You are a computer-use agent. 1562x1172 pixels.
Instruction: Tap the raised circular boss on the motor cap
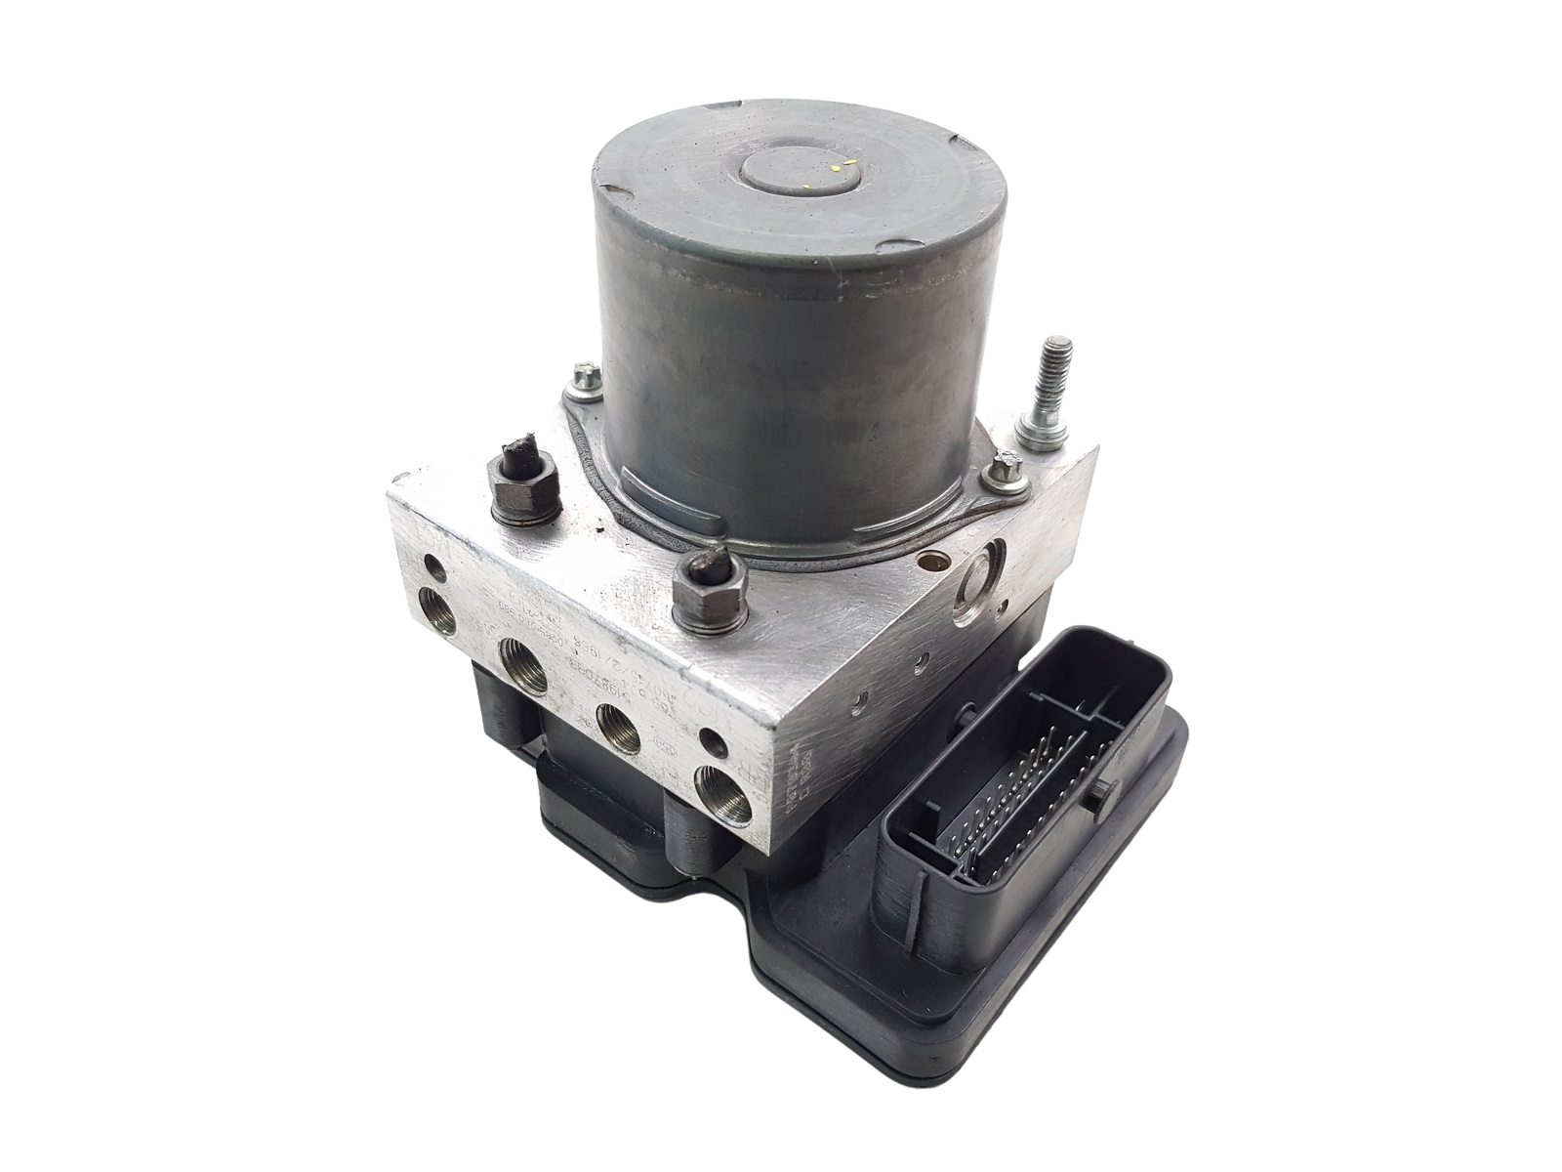(792, 177)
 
